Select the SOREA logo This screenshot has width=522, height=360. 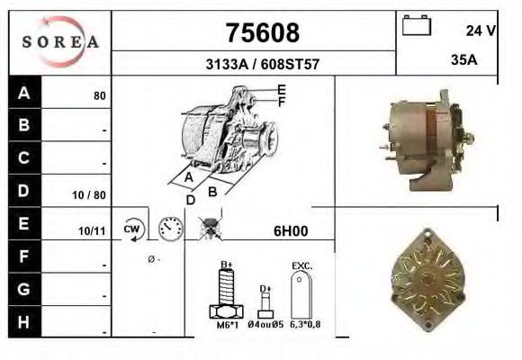(61, 41)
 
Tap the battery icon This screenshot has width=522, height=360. (417, 25)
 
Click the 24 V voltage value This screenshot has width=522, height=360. (481, 31)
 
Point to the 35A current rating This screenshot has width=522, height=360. (463, 60)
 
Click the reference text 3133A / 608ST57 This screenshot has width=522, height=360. (261, 65)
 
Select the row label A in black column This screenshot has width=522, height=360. (24, 94)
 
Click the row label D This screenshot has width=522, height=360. (24, 192)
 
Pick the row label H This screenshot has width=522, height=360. (24, 321)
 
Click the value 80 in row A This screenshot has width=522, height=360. (100, 95)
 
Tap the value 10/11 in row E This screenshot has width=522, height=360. (94, 231)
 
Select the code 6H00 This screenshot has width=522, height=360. (291, 231)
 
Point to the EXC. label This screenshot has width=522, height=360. (301, 266)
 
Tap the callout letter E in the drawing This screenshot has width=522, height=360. (281, 89)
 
